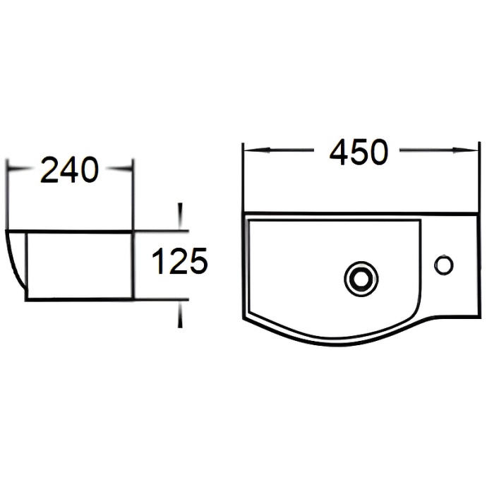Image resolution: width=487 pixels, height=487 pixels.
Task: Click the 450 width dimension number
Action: pyautogui.click(x=359, y=152)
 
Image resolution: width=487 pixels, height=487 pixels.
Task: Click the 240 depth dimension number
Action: pyautogui.click(x=68, y=170)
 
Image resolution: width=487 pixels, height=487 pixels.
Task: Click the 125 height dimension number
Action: pyautogui.click(x=179, y=262)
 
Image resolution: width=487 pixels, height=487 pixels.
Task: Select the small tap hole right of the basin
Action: pyautogui.click(x=444, y=265)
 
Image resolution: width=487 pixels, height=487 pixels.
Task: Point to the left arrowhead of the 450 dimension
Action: pyautogui.click(x=248, y=150)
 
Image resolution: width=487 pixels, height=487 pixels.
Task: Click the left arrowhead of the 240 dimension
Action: pyautogui.click(x=12, y=169)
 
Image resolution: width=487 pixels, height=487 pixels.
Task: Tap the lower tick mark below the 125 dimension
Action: pyautogui.click(x=181, y=315)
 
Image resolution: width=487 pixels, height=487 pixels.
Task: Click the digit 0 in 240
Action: pyautogui.click(x=88, y=170)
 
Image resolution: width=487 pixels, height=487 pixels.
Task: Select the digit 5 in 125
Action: pyautogui.click(x=198, y=262)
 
